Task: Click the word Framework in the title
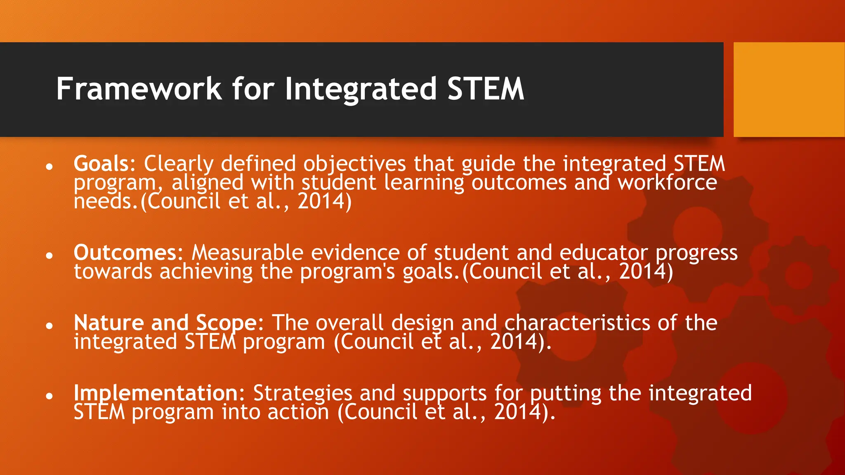coord(139,89)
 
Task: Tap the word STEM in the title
coord(486,89)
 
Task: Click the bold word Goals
coord(101,164)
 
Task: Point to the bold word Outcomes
coord(125,252)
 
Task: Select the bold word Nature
coord(109,323)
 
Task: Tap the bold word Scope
coord(227,323)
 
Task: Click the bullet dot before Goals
coord(50,167)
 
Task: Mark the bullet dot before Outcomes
coord(50,256)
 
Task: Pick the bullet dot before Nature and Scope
coord(50,326)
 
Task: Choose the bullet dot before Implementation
coord(50,396)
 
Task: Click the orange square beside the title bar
coord(789,89)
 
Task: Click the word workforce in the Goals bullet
coord(667,183)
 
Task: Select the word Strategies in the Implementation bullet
coord(302,393)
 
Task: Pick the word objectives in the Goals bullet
coord(355,164)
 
